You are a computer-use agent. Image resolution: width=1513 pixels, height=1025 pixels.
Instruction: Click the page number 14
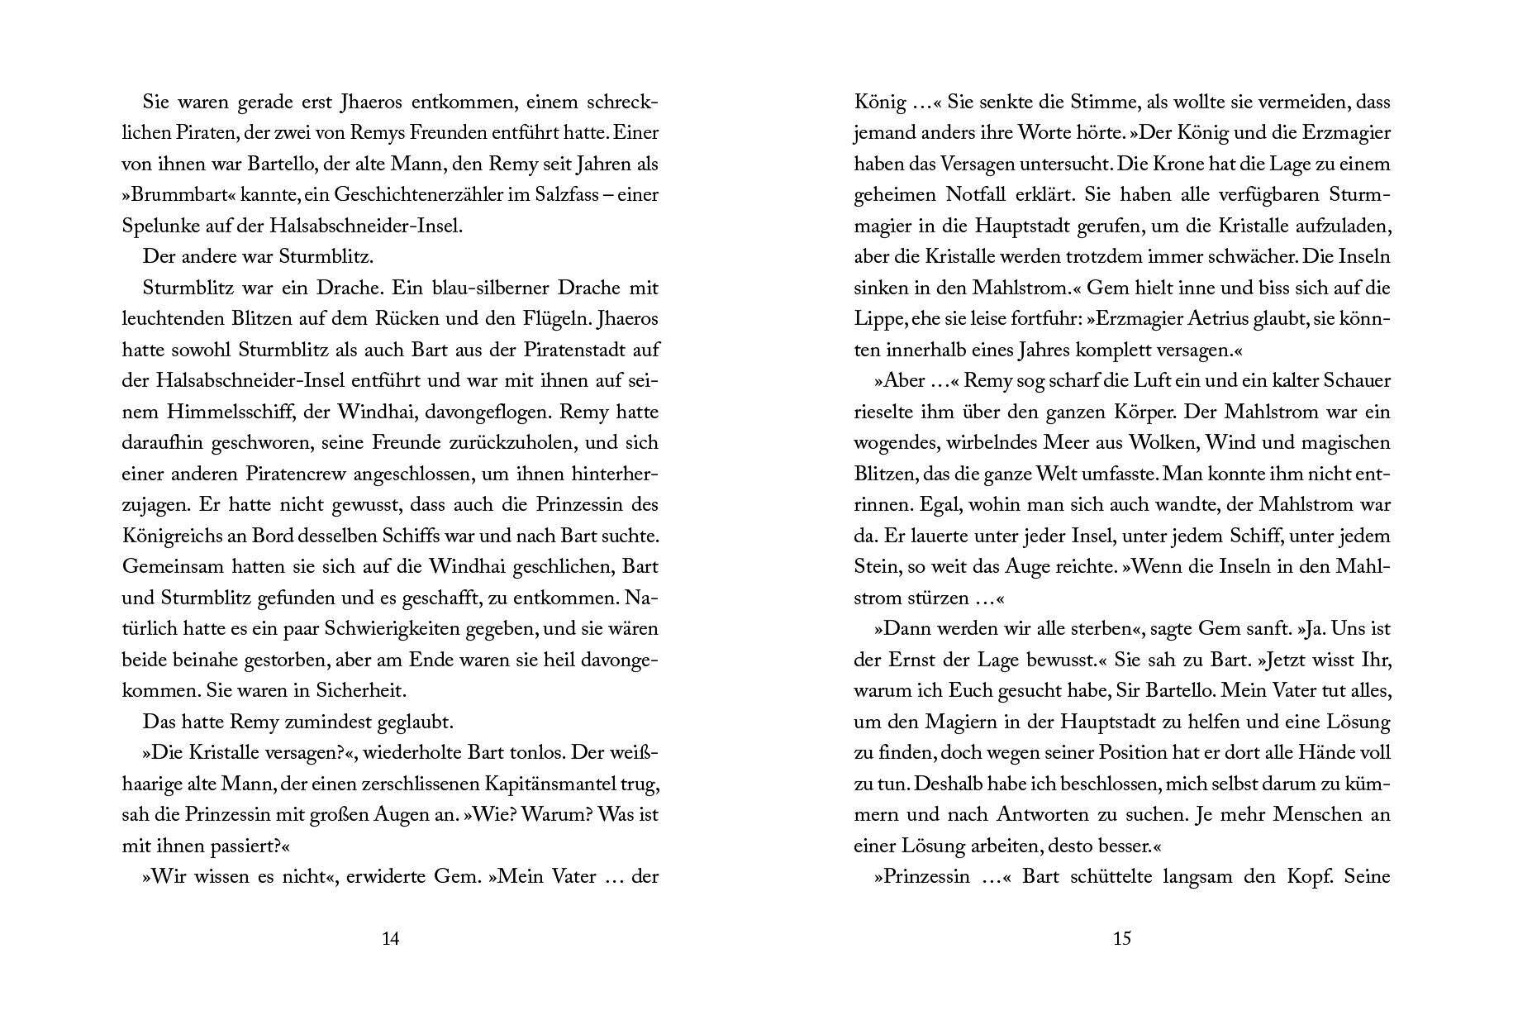click(x=391, y=938)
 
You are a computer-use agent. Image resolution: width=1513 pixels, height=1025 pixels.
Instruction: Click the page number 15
click(x=1121, y=938)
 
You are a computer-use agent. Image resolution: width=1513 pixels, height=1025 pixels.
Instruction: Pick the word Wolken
click(x=1168, y=443)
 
